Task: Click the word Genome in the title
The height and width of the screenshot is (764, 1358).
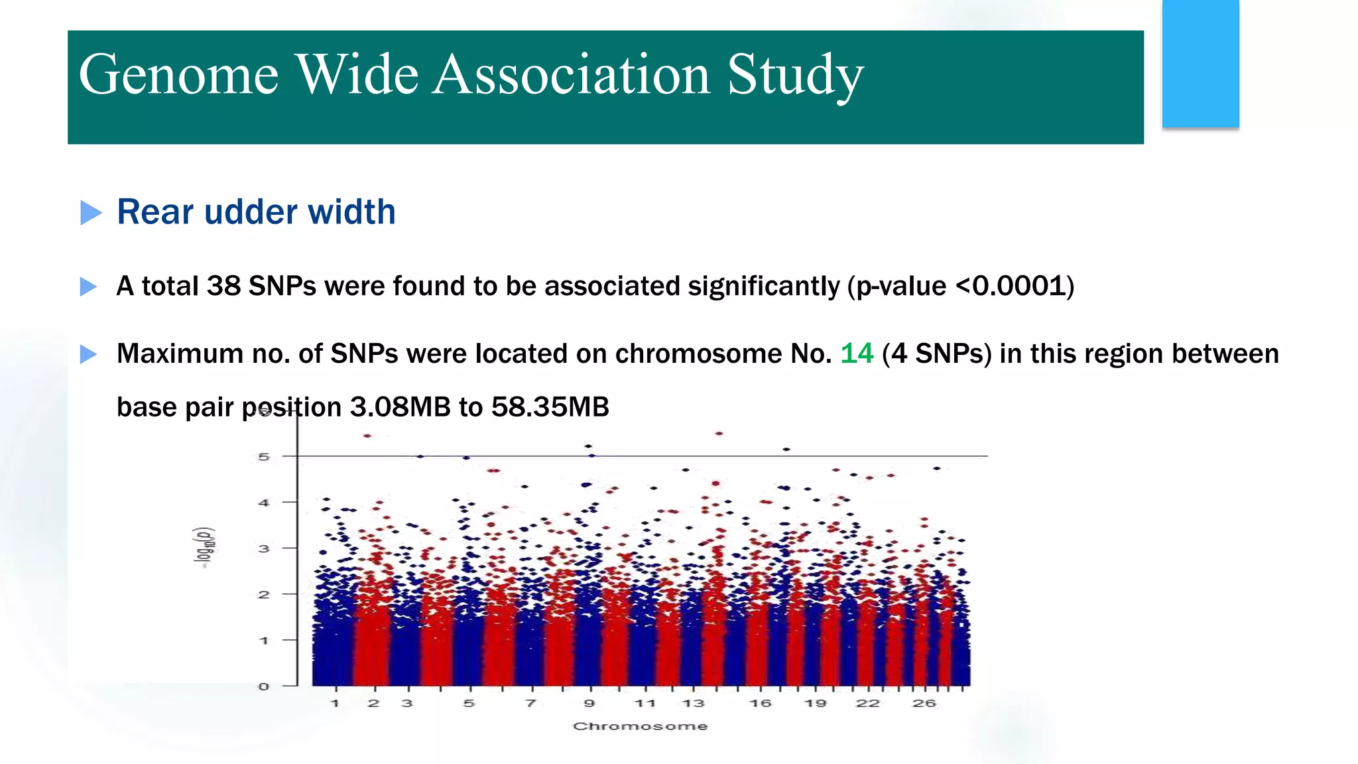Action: tap(178, 75)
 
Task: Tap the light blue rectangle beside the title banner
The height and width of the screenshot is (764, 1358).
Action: tap(1200, 64)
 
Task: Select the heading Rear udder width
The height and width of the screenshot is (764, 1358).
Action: tap(256, 212)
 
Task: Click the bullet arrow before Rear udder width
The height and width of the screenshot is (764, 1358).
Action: tap(91, 213)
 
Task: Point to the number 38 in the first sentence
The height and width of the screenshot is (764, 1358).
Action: tap(223, 286)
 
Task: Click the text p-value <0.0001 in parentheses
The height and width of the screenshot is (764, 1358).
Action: tap(961, 286)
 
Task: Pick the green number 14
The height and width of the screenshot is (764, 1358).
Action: tap(857, 353)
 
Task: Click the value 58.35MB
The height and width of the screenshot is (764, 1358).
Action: tap(550, 407)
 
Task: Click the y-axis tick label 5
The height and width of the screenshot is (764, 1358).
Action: tap(264, 457)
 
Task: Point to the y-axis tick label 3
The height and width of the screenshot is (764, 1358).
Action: tap(264, 548)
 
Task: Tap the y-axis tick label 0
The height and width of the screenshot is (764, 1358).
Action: tap(264, 686)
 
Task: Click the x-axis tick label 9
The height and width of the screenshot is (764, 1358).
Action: tap(589, 704)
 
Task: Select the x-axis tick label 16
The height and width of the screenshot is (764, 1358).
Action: tap(760, 704)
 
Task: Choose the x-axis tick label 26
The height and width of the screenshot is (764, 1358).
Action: tap(924, 704)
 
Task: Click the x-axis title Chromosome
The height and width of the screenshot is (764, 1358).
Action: tap(640, 726)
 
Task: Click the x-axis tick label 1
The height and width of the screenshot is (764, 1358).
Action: tap(336, 704)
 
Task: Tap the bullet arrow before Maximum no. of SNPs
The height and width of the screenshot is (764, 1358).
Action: tap(88, 354)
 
